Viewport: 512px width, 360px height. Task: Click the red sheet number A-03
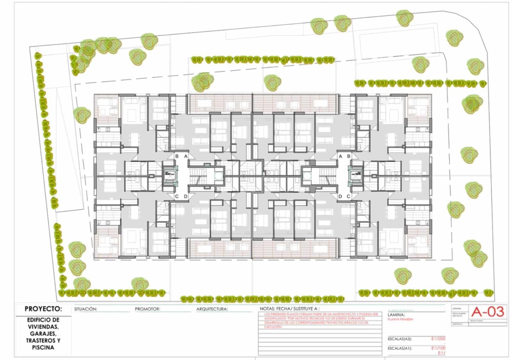point(488,312)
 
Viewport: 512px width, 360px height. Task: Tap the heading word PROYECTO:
point(43,309)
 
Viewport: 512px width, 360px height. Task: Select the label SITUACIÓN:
point(85,309)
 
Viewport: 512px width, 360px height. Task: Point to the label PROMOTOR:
point(147,309)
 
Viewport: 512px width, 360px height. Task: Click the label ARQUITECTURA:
point(212,309)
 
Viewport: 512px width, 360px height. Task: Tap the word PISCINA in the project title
point(43,348)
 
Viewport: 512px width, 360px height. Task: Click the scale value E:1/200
point(438,339)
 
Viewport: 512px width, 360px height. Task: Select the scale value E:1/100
point(438,348)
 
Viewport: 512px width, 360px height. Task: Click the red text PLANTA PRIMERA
point(400,319)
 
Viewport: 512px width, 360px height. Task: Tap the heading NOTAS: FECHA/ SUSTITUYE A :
point(290,309)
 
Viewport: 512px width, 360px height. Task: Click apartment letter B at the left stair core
point(177,156)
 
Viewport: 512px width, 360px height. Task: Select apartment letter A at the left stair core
point(186,156)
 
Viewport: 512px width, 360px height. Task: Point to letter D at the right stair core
point(340,196)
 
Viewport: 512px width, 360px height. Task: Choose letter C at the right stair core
point(348,196)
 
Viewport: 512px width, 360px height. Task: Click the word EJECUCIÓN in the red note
point(273,327)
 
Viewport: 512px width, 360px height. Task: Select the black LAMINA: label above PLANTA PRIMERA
point(396,315)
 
